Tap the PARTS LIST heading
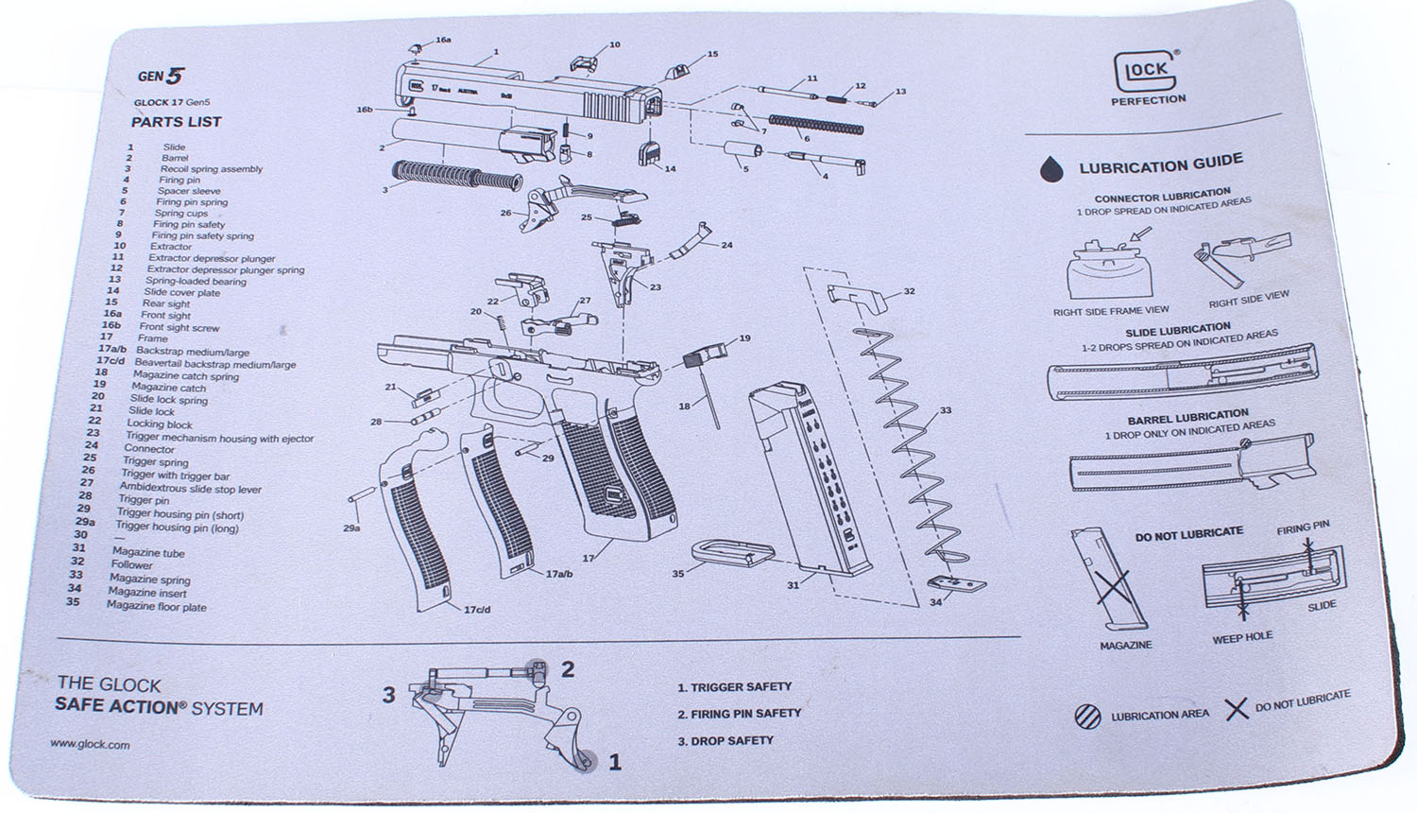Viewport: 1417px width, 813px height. coord(176,122)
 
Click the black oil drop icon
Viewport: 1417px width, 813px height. coord(1049,169)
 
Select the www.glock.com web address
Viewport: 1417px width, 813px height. coord(90,745)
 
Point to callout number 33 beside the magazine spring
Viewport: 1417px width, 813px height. coord(946,411)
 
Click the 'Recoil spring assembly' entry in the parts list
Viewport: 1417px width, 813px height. coord(211,169)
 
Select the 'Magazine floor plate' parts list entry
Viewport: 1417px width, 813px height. coord(156,607)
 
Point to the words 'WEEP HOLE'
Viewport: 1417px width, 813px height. coord(1241,638)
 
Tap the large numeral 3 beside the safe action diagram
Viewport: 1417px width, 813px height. coord(388,696)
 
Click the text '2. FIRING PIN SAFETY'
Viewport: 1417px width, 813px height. coord(739,714)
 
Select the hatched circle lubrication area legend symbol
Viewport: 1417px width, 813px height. coord(1087,717)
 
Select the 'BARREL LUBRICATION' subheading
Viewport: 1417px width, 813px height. coord(1187,417)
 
